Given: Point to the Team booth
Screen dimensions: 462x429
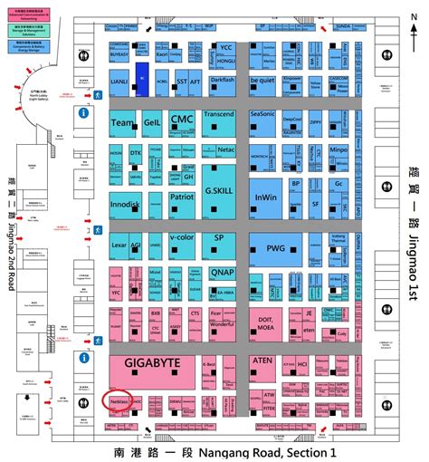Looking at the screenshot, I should [x=122, y=121].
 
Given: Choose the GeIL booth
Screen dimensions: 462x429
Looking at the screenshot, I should [x=151, y=121].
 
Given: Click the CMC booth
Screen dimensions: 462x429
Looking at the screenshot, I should [x=183, y=120].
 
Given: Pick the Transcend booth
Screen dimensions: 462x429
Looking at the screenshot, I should [x=218, y=115].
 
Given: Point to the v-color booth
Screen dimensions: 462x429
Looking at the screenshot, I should [x=182, y=238].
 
